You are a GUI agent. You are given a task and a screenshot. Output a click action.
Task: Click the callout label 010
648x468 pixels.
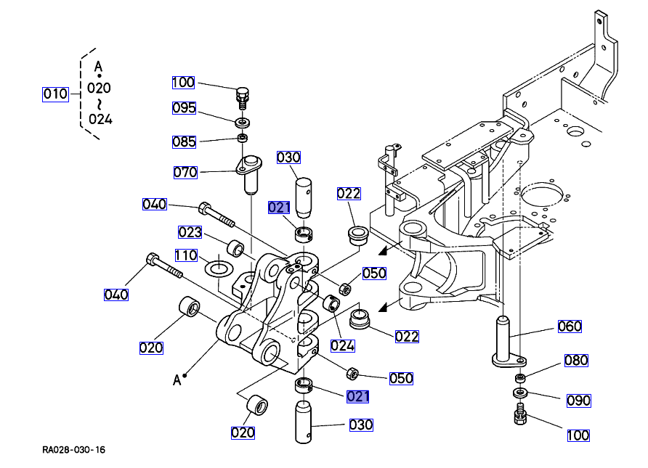[x=55, y=94]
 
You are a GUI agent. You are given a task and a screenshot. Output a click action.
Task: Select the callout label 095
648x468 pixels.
[x=184, y=108]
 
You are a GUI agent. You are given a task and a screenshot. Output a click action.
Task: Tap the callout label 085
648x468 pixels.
[x=184, y=141]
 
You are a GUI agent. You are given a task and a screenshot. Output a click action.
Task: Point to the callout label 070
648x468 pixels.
[x=185, y=173]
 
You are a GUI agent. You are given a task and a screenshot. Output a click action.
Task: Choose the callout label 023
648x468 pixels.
[x=190, y=232]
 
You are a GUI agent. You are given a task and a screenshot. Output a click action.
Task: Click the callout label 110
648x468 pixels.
[x=186, y=255]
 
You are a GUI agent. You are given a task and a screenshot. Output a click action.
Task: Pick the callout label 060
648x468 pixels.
[x=570, y=327]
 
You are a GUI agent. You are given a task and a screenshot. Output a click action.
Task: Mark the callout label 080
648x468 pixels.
[x=576, y=361]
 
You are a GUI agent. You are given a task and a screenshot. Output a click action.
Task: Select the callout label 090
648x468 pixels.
[x=578, y=401]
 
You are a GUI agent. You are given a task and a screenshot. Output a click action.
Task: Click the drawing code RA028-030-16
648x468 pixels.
[x=73, y=450]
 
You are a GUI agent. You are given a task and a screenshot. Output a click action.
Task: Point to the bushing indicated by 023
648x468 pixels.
[x=236, y=248]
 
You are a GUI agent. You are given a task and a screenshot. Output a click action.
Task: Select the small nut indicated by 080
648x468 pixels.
[x=520, y=379]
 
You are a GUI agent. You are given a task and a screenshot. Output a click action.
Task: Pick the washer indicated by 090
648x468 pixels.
[x=520, y=393]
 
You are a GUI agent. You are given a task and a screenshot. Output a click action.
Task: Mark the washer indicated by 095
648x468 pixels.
[x=242, y=121]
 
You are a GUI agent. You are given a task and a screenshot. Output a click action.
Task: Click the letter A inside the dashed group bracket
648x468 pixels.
[x=99, y=67]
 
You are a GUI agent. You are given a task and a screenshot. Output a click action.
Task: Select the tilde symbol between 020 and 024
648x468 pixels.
[x=99, y=104]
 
